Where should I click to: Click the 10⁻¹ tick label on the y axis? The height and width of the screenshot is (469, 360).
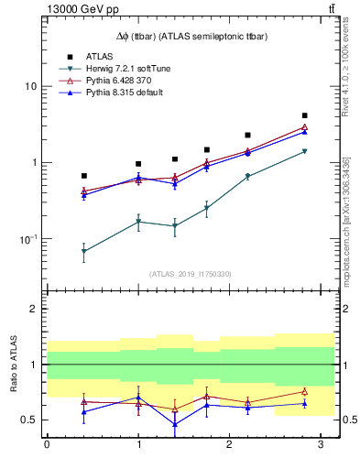[27, 239]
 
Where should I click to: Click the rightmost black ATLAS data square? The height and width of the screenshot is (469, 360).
[304, 115]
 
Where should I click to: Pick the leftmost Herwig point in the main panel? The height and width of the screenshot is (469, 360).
[83, 251]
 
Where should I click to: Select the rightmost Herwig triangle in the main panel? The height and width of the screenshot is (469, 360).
[304, 151]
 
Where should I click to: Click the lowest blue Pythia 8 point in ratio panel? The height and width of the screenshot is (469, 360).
[175, 424]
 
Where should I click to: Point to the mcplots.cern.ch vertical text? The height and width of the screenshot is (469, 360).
[348, 220]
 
